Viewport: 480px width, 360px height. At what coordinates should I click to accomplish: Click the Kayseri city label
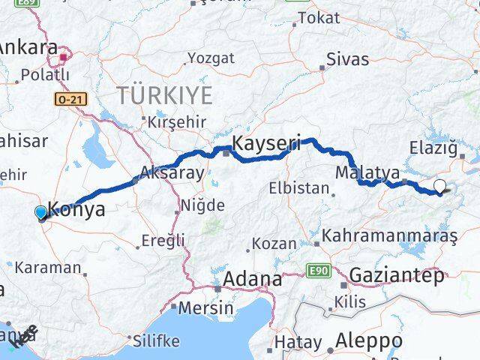tap(266, 142)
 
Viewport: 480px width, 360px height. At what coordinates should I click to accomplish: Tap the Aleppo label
tap(369, 340)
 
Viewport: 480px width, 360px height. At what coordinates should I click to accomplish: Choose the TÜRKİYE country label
tap(164, 94)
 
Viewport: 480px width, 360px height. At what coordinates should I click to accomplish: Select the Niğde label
tap(202, 205)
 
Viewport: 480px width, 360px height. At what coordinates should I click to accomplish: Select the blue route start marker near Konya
tap(40, 213)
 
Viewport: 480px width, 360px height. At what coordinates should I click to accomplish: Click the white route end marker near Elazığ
tap(439, 187)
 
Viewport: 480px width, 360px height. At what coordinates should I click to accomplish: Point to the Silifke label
tap(156, 340)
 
